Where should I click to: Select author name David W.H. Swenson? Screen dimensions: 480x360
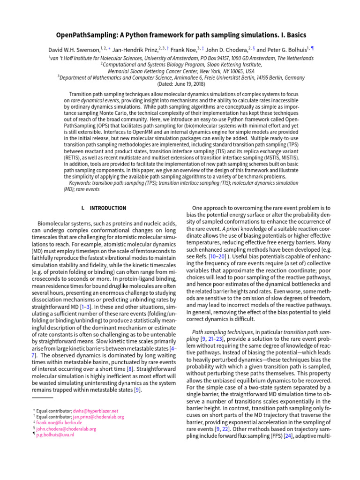[73, 50]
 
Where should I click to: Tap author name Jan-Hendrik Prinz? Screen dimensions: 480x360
[132, 50]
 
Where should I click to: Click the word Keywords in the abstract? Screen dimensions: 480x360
[80, 183]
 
